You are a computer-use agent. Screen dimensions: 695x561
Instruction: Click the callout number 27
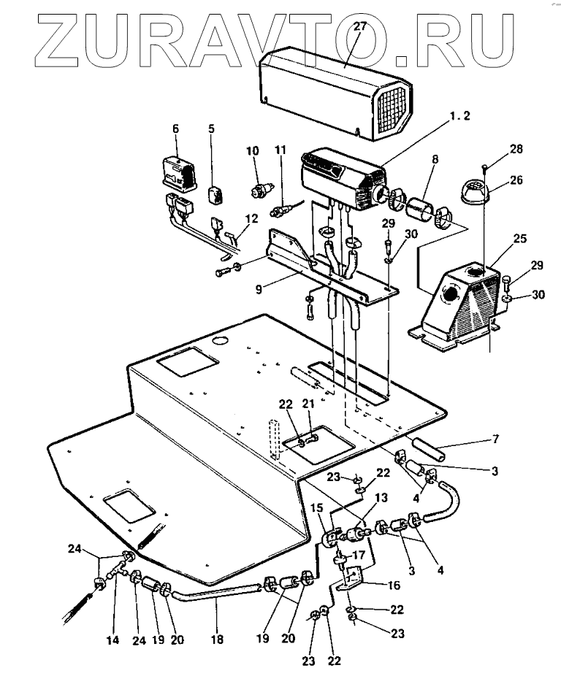click(359, 27)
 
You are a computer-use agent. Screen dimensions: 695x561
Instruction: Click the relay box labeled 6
click(178, 172)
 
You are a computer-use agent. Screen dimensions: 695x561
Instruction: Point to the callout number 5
click(212, 130)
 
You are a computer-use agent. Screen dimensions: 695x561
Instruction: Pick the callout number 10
click(253, 150)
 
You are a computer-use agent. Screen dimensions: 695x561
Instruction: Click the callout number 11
click(281, 150)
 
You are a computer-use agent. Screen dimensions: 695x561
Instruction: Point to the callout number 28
click(516, 150)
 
